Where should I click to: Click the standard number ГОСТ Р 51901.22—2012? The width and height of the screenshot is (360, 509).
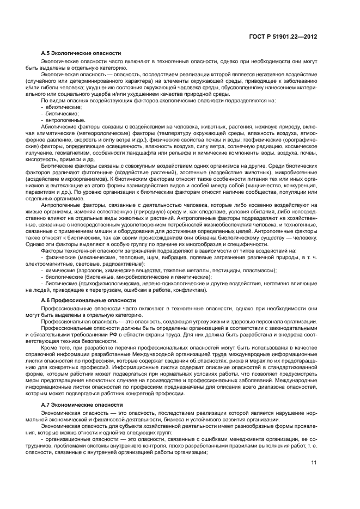pos(286,36)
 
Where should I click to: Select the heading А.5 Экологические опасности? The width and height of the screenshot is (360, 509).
pos(81,53)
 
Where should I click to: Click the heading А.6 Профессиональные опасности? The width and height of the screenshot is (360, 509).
pos(85,300)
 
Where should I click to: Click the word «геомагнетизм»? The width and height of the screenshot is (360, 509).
pos(74,155)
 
